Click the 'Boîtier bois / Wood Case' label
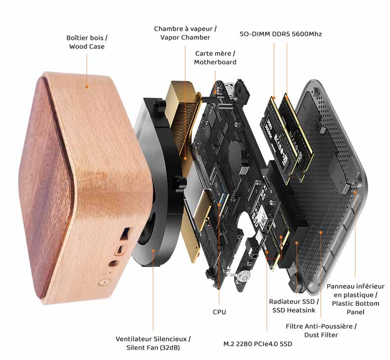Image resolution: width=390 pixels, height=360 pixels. (x=87, y=42)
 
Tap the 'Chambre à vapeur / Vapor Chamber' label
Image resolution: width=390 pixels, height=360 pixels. (x=185, y=33)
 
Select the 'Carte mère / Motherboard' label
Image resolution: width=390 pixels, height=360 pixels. (x=215, y=58)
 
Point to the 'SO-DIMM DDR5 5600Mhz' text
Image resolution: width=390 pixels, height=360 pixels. (x=281, y=34)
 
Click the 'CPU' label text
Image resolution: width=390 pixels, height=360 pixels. (x=219, y=312)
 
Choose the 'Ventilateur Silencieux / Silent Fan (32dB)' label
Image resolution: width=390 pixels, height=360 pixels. (x=153, y=343)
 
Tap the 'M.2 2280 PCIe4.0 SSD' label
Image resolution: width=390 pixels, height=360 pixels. (x=258, y=344)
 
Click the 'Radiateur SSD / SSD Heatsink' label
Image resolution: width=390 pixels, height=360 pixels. (x=294, y=306)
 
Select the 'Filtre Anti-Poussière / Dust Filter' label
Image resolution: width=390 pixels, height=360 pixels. (x=321, y=330)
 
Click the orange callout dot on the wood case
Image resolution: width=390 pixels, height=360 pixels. (x=87, y=87)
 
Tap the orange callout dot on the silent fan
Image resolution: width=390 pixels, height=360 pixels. (x=153, y=250)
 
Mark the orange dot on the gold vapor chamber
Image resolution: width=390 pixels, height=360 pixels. (x=185, y=158)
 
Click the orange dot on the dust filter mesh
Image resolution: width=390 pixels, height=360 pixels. (x=321, y=232)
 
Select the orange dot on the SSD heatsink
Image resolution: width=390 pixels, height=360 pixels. (x=296, y=243)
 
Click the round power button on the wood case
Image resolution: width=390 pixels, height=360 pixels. (x=103, y=282)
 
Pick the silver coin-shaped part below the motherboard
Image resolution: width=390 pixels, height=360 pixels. (x=245, y=278)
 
